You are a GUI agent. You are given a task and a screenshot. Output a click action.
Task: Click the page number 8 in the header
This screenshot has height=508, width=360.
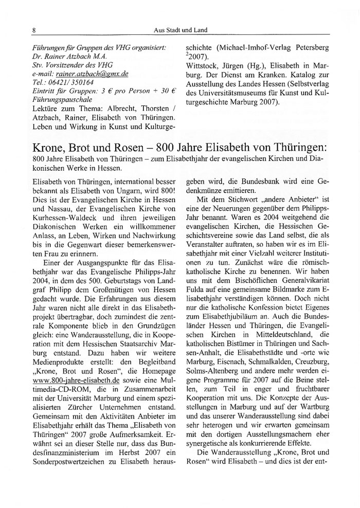[x=34, y=31]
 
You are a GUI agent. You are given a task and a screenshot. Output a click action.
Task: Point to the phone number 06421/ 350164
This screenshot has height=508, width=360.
[x=69, y=83]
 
